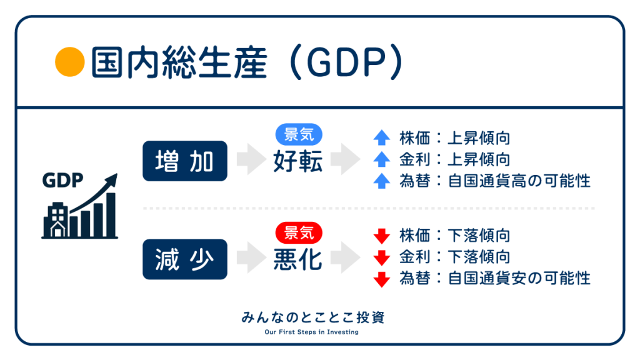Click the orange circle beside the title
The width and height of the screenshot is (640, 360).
click(x=70, y=62)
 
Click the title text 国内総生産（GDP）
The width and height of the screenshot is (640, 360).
click(x=247, y=62)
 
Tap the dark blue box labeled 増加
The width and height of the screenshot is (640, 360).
click(x=185, y=161)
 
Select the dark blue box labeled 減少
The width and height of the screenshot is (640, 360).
click(x=185, y=259)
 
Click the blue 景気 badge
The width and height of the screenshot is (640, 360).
click(x=299, y=135)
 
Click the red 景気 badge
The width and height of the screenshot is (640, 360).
click(x=299, y=233)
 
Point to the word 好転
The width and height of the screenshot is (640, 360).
click(x=298, y=161)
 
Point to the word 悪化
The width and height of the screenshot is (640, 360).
click(x=298, y=259)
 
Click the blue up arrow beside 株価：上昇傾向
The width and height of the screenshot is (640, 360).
click(x=382, y=137)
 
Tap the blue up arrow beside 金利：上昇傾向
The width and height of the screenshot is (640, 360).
click(x=382, y=159)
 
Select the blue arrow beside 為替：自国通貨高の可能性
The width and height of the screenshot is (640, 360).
click(x=382, y=181)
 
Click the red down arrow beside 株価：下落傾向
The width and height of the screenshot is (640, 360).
click(x=382, y=236)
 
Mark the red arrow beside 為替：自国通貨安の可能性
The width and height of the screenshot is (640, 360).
click(x=382, y=279)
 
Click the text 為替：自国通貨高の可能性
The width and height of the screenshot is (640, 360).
click(x=495, y=181)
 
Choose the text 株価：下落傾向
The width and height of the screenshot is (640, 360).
click(x=455, y=236)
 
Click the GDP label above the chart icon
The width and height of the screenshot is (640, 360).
click(x=62, y=180)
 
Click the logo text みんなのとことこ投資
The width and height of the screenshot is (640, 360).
click(x=312, y=317)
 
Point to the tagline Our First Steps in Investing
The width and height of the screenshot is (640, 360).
click(x=311, y=332)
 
